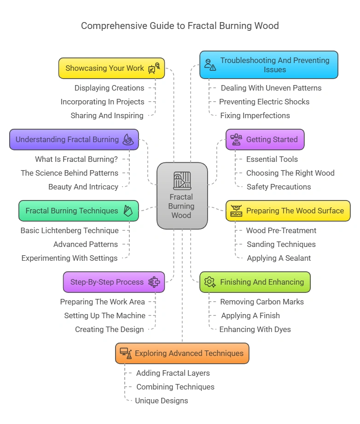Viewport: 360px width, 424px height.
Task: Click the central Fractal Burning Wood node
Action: (x=182, y=195)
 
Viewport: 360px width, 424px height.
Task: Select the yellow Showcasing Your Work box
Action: (x=111, y=68)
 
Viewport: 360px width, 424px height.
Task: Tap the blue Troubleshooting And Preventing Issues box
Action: (x=269, y=65)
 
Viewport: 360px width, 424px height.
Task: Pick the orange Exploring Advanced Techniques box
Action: (x=182, y=353)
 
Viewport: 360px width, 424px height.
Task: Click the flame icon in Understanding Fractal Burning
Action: (x=128, y=140)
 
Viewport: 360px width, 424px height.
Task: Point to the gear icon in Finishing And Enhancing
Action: (x=209, y=282)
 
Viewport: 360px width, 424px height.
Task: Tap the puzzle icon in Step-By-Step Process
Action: (x=154, y=282)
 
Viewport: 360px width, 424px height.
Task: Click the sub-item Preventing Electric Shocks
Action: (x=264, y=102)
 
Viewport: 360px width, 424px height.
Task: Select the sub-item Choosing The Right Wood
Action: (x=290, y=173)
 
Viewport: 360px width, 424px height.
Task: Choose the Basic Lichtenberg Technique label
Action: (x=70, y=230)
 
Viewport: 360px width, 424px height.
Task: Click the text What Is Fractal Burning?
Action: (x=76, y=159)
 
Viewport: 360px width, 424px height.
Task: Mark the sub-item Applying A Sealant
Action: (x=279, y=258)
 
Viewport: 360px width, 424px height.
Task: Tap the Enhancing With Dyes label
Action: (x=255, y=329)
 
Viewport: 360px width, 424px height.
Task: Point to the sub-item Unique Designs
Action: (x=162, y=401)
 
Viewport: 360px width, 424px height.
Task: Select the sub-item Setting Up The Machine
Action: (x=105, y=315)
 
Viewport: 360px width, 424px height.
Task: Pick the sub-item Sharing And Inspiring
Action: (x=107, y=115)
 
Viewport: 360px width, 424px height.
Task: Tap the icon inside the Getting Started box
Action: (x=236, y=139)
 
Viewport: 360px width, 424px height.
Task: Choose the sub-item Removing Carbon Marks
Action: (x=262, y=302)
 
